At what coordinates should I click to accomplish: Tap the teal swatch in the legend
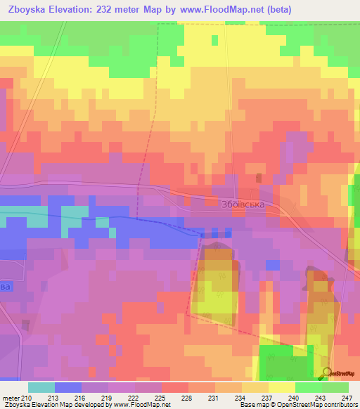click(x=41, y=387)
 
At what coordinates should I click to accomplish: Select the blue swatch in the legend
click(x=67, y=387)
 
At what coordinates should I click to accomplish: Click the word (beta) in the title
click(x=276, y=9)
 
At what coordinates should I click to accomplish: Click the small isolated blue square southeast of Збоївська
click(x=272, y=264)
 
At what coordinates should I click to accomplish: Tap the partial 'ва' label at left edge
click(x=6, y=287)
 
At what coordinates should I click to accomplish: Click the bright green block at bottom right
click(x=285, y=362)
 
